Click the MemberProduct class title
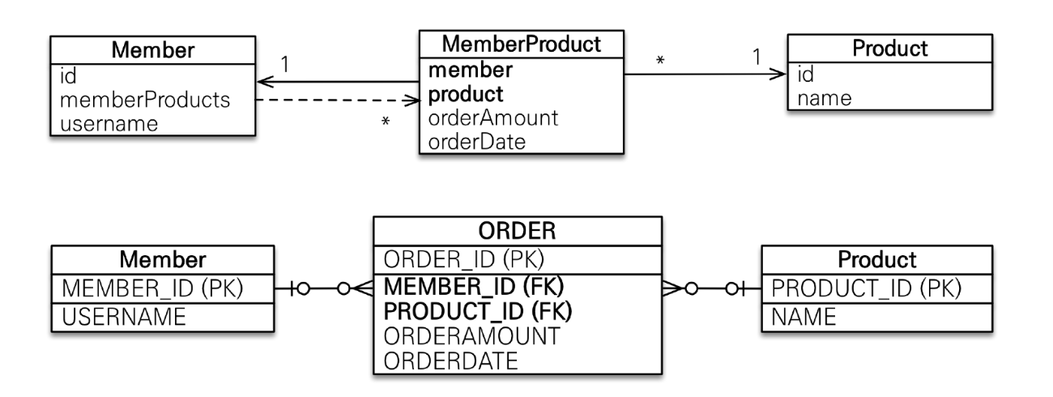pos(522,45)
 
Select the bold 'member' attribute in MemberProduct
pos(470,70)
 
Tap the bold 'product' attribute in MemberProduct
pos(466,95)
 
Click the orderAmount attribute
pos(493,118)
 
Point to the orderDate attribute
pos(476,142)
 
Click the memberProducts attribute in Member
pos(145,100)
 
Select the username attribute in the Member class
pos(109,124)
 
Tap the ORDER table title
pos(517,231)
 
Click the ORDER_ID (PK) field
pos(464,259)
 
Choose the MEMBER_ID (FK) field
pos(474,287)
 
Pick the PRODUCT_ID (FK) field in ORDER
pos(478,311)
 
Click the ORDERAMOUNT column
pos(472,336)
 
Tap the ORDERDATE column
pos(451,361)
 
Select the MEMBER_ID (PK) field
pos(152,288)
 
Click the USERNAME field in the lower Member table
pos(124,317)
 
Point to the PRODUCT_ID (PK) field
pos(867,288)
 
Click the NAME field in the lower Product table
pos(804,317)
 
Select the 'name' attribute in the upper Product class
pos(825,99)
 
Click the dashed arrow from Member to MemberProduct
pos(338,100)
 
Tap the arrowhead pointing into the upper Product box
pos(778,74)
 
